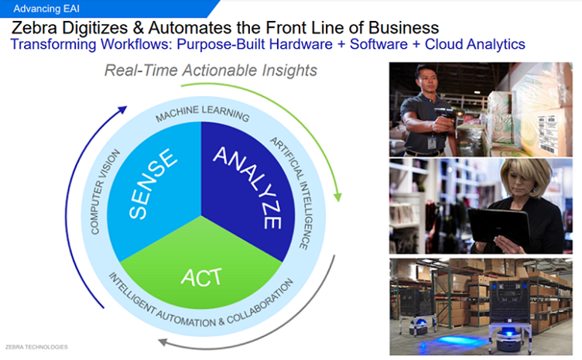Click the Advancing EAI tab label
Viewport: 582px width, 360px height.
click(46, 9)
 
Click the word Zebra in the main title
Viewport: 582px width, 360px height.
click(34, 28)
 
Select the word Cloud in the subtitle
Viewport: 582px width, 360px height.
click(443, 44)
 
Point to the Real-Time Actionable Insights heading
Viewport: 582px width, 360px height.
click(211, 70)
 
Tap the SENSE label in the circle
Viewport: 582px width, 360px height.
click(152, 183)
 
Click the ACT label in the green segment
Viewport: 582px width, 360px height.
click(201, 278)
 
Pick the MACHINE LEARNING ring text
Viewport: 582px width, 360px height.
click(202, 113)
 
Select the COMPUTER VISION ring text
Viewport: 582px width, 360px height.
click(105, 191)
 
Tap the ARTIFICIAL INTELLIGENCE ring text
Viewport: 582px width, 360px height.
click(292, 193)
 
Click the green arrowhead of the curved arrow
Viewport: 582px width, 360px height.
click(337, 197)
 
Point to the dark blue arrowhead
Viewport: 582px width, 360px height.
click(122, 110)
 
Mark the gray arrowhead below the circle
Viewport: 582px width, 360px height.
click(163, 341)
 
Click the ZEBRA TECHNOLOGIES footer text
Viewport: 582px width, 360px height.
click(36, 348)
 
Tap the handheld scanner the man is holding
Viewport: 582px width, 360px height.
click(447, 113)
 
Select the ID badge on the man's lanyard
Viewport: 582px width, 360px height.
click(432, 142)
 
